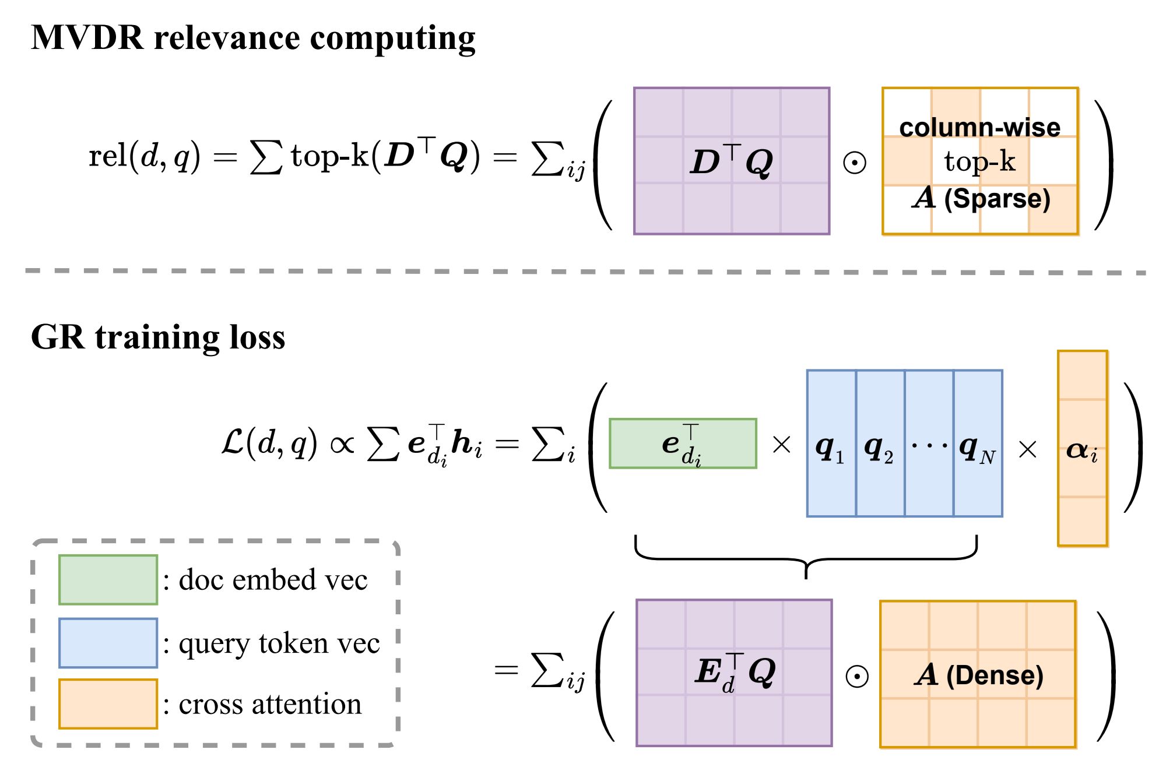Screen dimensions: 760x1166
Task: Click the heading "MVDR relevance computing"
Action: click(x=253, y=38)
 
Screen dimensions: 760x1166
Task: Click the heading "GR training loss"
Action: click(x=158, y=337)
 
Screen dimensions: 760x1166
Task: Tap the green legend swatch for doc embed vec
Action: click(x=108, y=580)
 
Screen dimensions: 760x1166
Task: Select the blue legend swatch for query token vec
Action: click(x=108, y=643)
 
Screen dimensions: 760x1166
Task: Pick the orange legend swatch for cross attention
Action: click(x=108, y=704)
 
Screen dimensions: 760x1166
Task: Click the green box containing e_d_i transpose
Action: click(x=683, y=444)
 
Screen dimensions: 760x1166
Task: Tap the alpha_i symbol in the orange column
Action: click(x=1082, y=450)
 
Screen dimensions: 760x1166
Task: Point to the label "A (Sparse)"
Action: click(x=981, y=199)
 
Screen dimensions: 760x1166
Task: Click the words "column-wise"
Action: click(x=980, y=128)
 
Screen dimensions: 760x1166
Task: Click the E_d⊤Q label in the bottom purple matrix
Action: click(x=735, y=673)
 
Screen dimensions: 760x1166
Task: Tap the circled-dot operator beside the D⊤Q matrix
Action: click(x=855, y=163)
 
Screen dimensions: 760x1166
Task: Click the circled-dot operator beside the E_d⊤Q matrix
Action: click(x=856, y=676)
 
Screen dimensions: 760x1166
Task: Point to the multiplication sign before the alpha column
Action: click(x=1027, y=449)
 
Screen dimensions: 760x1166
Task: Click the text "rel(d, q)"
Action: click(x=145, y=156)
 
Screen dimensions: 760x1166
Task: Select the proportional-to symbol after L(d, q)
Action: click(x=342, y=445)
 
